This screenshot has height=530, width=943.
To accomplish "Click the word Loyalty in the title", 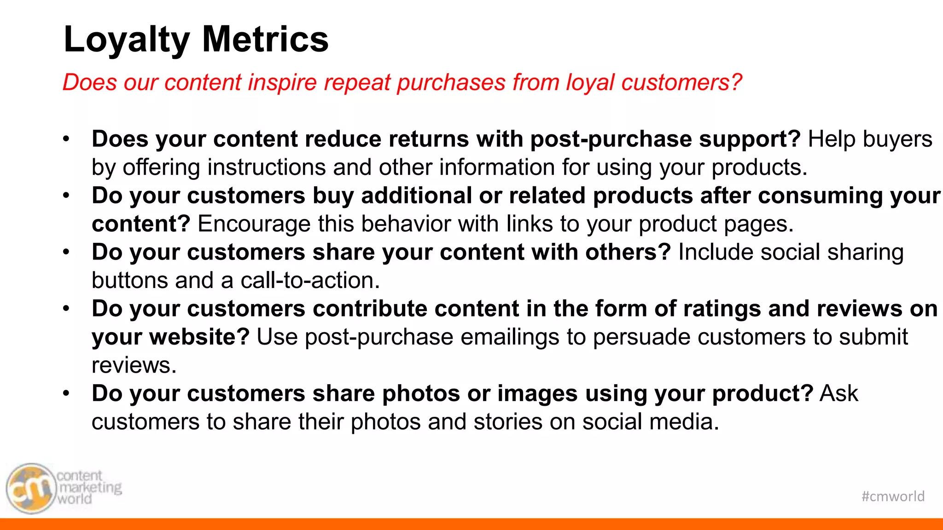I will (x=127, y=40).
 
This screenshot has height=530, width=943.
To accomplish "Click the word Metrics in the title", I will (x=265, y=39).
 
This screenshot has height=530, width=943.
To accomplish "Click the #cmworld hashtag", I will (x=893, y=496).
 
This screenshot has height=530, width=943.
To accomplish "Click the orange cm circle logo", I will (x=30, y=489).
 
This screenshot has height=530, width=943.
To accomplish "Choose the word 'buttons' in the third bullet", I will (x=129, y=281).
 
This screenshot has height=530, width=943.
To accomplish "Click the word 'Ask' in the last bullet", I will (x=839, y=394).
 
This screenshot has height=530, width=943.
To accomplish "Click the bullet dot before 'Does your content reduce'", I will (x=66, y=139).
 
